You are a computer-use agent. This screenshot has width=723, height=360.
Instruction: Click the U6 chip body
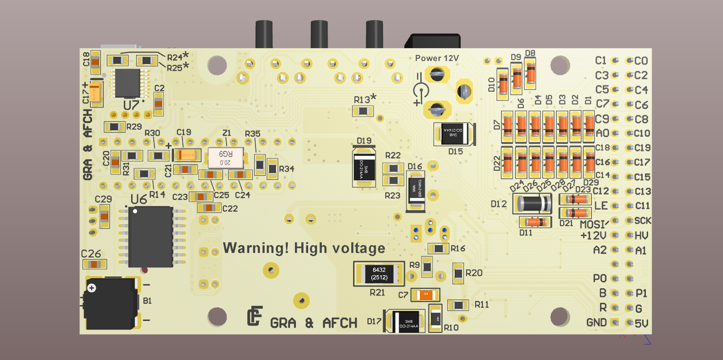pos(150,237)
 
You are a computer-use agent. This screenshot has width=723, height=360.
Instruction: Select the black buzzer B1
pos(111,304)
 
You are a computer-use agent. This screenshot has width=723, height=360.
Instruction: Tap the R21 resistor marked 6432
pos(379,274)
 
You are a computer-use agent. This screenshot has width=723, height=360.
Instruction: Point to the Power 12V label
pos(437,58)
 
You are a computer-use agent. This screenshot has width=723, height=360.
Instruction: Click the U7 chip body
pos(128,83)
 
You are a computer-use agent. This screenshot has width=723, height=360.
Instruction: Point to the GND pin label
pos(596,322)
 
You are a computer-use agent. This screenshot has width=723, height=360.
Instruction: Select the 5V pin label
pos(641,323)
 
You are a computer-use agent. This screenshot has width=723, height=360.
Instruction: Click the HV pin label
pos(641,236)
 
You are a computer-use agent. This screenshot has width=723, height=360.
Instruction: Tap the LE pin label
pos(600,206)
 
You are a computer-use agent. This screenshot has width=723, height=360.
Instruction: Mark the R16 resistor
pos(438,248)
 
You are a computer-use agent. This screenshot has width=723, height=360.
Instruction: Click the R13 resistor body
pos(363,111)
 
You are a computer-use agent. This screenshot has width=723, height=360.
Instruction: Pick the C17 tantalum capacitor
pos(96,93)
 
